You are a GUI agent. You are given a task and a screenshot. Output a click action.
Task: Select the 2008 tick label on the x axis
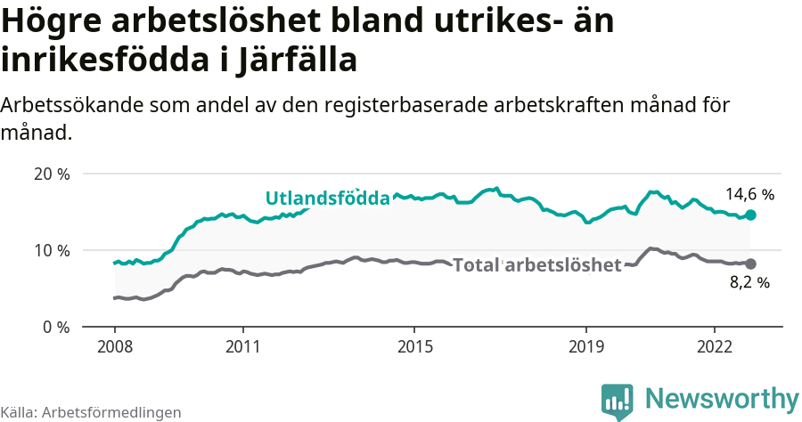click(x=114, y=345)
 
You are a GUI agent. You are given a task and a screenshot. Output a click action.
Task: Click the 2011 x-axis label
click(x=242, y=345)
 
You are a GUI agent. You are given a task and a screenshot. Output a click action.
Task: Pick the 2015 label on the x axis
click(x=414, y=345)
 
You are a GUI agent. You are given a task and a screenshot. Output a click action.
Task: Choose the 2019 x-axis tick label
click(x=586, y=345)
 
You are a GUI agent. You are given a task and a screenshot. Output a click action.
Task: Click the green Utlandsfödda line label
click(x=328, y=198)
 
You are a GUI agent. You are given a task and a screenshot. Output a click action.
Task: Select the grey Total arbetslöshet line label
click(x=536, y=264)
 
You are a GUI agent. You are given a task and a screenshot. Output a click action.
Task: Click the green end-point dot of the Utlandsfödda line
click(x=751, y=215)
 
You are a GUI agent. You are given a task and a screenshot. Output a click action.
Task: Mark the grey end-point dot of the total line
click(x=751, y=264)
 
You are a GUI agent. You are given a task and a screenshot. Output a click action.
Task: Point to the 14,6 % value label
click(x=749, y=194)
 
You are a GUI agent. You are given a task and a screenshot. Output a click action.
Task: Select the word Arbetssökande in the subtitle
click(x=75, y=105)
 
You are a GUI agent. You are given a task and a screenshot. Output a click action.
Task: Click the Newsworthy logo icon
click(x=618, y=401)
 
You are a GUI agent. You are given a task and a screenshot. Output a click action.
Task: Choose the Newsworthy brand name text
click(x=722, y=398)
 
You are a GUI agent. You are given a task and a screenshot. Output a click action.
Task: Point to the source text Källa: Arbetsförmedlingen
click(x=91, y=412)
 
